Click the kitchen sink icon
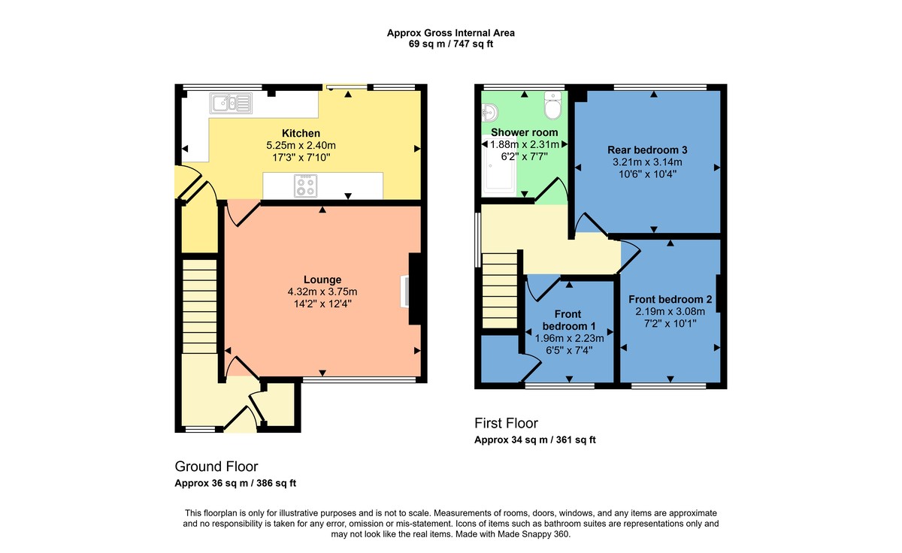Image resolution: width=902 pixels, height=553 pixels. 231,102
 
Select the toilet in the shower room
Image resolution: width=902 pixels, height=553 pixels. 553,106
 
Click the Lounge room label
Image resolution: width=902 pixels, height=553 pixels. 322,280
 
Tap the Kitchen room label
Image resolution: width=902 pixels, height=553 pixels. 301,133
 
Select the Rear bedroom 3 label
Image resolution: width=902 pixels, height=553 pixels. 647,150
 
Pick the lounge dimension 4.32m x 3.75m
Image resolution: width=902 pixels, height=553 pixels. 322,292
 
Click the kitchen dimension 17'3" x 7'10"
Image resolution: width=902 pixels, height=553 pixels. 300,158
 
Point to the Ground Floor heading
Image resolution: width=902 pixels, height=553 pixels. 216,467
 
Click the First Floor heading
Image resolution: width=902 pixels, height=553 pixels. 506,423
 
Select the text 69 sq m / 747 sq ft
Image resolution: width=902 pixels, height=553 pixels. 450,44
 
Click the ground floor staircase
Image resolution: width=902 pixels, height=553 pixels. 199,306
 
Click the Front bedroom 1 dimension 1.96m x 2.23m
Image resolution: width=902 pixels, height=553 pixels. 569,338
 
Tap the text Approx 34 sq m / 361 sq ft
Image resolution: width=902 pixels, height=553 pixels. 535,440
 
